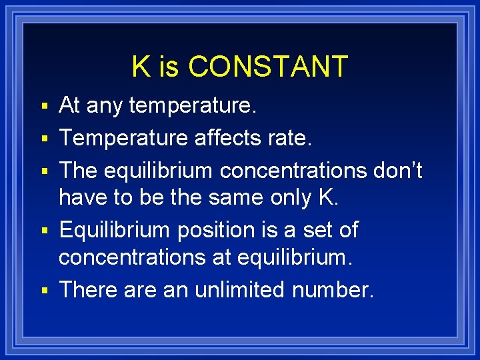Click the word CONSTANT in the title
(x=268, y=67)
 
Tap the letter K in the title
(x=140, y=67)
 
